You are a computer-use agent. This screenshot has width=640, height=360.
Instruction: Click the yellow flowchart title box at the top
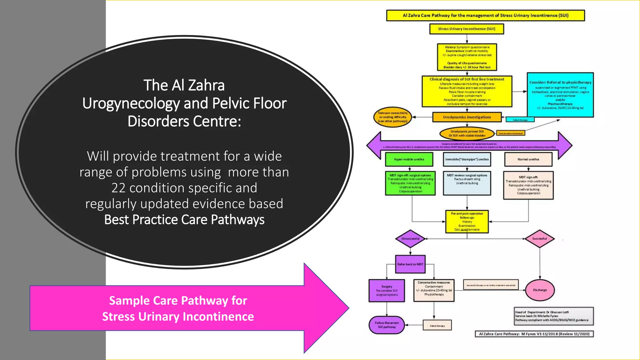click(485, 15)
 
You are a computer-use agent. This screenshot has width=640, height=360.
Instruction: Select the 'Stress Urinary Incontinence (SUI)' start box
click(467, 29)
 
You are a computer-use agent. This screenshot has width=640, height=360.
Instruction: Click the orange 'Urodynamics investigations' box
click(467, 117)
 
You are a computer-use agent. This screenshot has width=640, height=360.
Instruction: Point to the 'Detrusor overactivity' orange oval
click(393, 117)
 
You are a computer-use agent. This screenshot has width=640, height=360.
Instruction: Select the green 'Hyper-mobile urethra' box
click(409, 159)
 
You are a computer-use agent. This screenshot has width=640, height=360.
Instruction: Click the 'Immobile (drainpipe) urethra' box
click(467, 159)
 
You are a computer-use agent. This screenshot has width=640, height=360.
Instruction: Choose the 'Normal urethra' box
click(528, 159)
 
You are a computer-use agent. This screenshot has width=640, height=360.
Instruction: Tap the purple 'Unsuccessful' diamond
click(410, 239)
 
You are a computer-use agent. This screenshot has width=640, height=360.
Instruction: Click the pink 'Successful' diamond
click(540, 239)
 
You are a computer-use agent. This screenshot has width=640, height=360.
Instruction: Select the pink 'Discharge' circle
click(540, 290)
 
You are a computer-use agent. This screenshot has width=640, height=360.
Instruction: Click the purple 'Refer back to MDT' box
click(410, 264)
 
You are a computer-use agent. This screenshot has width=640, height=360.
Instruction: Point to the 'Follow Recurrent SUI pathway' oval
click(387, 325)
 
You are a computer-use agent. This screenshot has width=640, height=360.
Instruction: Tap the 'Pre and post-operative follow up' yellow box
click(467, 222)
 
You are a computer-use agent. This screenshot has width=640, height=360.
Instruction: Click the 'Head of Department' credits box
click(554, 316)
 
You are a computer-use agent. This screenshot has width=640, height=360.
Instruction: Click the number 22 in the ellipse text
click(118, 188)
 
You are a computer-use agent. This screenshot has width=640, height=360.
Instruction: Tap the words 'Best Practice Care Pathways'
click(184, 220)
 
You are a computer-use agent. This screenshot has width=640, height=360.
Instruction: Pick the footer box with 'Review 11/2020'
click(534, 334)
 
